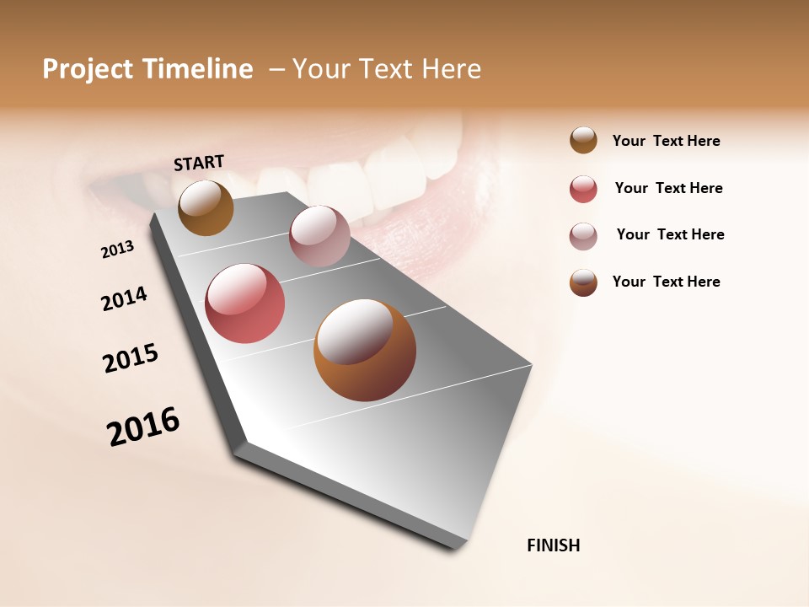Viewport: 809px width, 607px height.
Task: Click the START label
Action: [199, 163]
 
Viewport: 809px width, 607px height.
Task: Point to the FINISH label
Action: [553, 545]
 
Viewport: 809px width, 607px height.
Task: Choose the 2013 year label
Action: [117, 250]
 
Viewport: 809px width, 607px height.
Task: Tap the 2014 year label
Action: [124, 298]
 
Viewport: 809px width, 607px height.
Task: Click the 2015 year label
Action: [131, 358]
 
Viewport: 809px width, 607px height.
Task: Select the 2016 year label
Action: [143, 427]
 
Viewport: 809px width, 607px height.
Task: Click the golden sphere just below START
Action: [206, 207]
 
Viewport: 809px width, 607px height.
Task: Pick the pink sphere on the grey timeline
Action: [319, 236]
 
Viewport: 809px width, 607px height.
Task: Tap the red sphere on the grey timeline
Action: [245, 303]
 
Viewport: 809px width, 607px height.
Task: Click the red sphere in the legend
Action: [583, 189]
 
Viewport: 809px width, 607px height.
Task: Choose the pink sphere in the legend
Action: [583, 236]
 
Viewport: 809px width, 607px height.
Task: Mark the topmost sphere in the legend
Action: [583, 140]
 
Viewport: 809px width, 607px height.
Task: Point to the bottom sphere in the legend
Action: [583, 282]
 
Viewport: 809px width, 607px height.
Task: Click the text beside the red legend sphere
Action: [668, 188]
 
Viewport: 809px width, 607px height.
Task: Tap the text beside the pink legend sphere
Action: [670, 234]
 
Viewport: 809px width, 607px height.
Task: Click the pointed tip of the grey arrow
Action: [460, 546]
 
